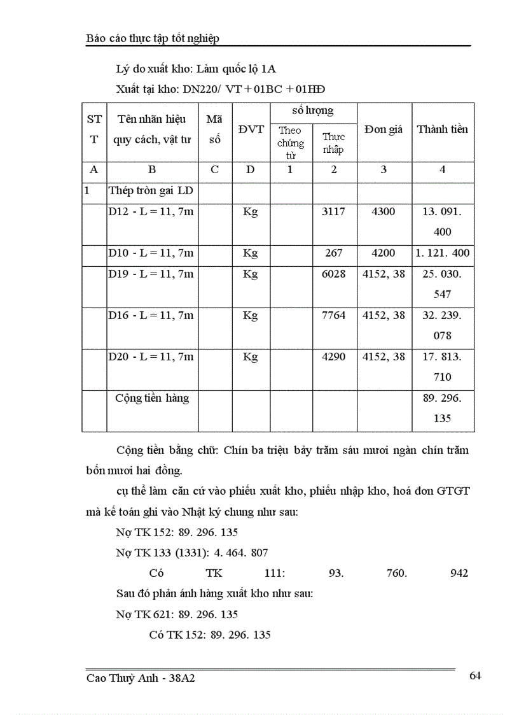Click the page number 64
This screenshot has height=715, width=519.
pyautogui.click(x=474, y=676)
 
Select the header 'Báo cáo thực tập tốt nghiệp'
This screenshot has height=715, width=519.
pyautogui.click(x=153, y=39)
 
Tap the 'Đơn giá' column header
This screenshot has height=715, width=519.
pyautogui.click(x=384, y=129)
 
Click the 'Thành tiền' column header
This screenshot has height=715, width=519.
pyautogui.click(x=442, y=129)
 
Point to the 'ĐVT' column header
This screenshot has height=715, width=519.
pyautogui.click(x=251, y=129)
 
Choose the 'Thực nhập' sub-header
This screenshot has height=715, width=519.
pyautogui.click(x=333, y=143)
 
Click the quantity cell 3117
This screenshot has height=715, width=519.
pyautogui.click(x=334, y=211)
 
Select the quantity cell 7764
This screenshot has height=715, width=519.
pyautogui.click(x=334, y=315)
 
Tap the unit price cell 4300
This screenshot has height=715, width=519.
pyautogui.click(x=383, y=211)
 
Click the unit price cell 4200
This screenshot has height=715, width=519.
pyautogui.click(x=383, y=253)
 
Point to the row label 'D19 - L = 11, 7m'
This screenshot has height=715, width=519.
pyautogui.click(x=151, y=274)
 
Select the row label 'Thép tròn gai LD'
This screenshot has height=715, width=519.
pyautogui.click(x=151, y=190)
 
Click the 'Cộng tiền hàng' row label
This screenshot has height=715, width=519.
pyautogui.click(x=152, y=398)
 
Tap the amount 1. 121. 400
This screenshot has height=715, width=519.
pyautogui.click(x=442, y=253)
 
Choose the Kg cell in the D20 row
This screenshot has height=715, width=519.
pyautogui.click(x=251, y=357)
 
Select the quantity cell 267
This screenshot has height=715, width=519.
pyautogui.click(x=334, y=253)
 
